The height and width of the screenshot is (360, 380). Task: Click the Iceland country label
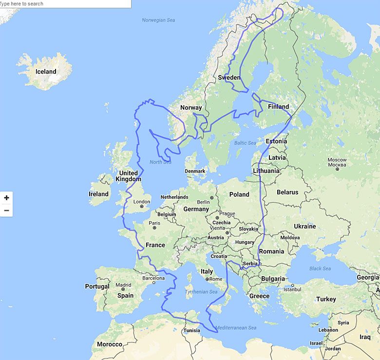46,72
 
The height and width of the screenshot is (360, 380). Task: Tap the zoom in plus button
6,198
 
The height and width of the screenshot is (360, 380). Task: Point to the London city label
142,202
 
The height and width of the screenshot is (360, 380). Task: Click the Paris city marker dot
154,227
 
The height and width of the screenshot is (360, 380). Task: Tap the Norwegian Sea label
158,20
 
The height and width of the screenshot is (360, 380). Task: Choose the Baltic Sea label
245,143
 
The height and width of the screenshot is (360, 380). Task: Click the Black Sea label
320,268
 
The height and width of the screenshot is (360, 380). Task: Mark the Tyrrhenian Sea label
201,292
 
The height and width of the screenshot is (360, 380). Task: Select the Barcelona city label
153,278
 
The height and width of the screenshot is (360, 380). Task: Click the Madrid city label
123,285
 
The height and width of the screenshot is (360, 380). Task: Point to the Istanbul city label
292,289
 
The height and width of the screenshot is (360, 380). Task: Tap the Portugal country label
97,286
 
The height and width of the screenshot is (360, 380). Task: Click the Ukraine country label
304,226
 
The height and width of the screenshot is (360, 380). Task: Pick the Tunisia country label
192,330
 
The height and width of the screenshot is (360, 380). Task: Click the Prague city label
227,213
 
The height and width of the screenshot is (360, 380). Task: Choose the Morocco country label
110,344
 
